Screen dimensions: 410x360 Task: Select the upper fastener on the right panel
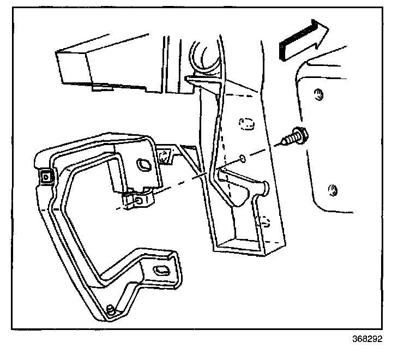[x=318, y=95]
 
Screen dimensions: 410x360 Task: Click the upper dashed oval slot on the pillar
[x=246, y=123]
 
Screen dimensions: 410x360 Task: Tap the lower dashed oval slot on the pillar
[x=263, y=220]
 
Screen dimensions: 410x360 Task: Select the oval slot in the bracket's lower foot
[x=161, y=269]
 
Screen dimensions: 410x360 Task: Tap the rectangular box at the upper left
[x=104, y=65]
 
